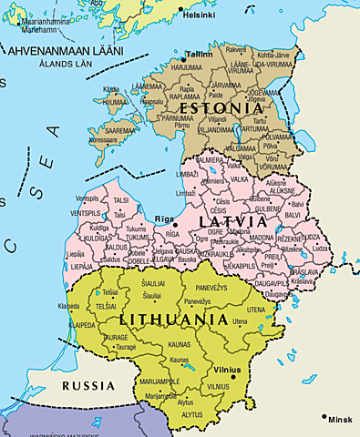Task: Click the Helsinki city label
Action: click(199, 15)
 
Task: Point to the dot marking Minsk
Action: click(324, 417)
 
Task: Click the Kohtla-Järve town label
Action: click(274, 56)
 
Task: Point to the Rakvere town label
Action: click(236, 49)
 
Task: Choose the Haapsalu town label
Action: click(152, 101)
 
